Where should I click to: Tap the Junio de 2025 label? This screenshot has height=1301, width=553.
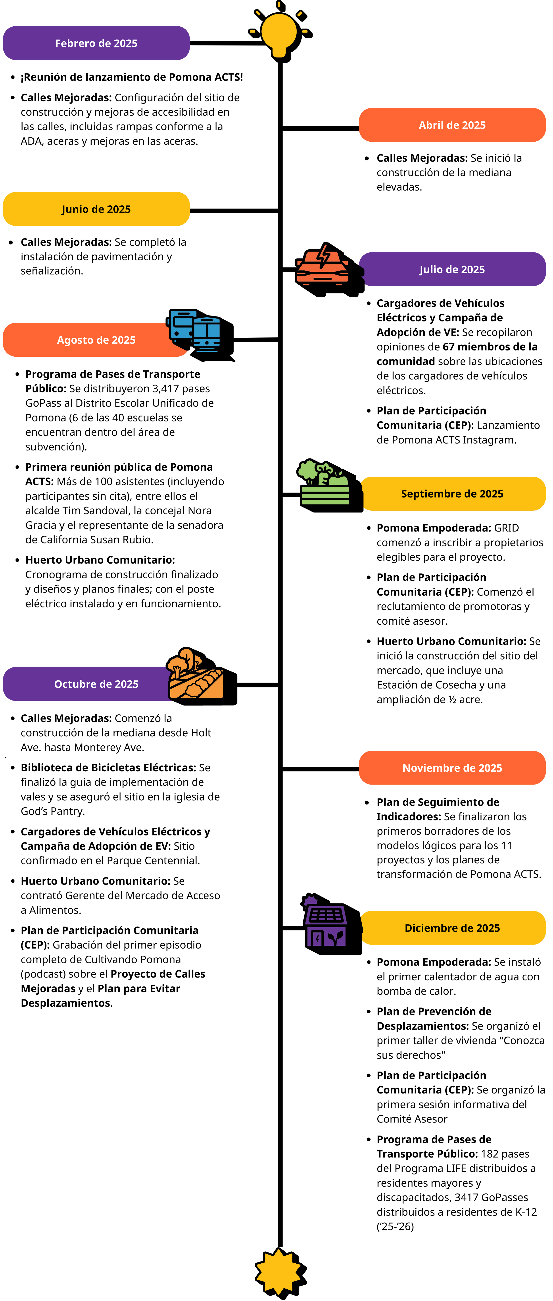[96, 209]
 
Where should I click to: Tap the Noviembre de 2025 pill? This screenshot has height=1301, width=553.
[452, 768]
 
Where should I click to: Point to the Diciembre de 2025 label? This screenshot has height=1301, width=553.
[452, 928]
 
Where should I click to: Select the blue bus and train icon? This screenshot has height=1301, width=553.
[194, 331]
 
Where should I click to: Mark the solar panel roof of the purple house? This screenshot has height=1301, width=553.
[326, 915]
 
